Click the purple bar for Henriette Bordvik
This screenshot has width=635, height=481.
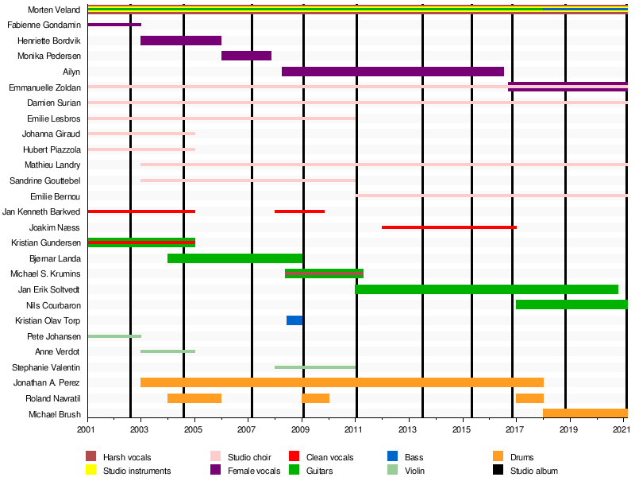(181, 41)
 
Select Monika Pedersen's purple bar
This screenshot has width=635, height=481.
(246, 56)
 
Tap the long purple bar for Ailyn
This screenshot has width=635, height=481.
(392, 72)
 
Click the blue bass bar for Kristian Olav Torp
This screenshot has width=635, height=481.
(294, 320)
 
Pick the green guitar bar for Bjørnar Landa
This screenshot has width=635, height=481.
(235, 258)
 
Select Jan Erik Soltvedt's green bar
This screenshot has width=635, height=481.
(486, 289)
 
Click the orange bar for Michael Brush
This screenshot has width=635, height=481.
(585, 413)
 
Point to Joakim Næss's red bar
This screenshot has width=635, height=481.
(448, 227)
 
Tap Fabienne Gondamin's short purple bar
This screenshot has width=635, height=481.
(114, 25)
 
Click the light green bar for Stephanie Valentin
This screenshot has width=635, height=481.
(315, 367)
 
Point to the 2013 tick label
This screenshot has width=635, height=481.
(408, 430)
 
